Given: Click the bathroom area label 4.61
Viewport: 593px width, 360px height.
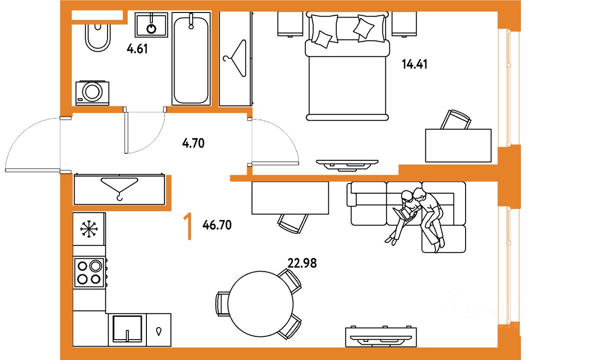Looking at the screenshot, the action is coord(137,49).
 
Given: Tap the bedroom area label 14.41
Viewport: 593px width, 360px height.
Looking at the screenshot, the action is coord(414,64).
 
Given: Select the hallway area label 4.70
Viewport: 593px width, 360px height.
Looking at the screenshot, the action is coord(193,143).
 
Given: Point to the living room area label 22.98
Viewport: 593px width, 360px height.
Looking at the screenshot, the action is coord(302,263).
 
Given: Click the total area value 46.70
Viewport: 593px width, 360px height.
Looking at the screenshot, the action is coord(217,226).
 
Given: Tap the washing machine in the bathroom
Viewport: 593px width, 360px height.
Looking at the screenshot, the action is coord(93,93).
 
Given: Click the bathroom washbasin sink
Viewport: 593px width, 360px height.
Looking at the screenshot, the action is coord(151,25).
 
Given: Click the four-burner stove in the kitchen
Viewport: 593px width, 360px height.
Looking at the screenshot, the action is coord(89,272).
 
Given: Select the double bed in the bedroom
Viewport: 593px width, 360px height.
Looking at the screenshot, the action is coord(347,69).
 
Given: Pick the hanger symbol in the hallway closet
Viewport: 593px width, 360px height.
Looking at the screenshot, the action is coord(120,187).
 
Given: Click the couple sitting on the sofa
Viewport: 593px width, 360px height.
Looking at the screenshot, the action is coord(417,215).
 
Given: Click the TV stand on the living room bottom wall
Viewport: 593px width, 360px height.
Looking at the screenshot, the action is coord(381,337).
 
